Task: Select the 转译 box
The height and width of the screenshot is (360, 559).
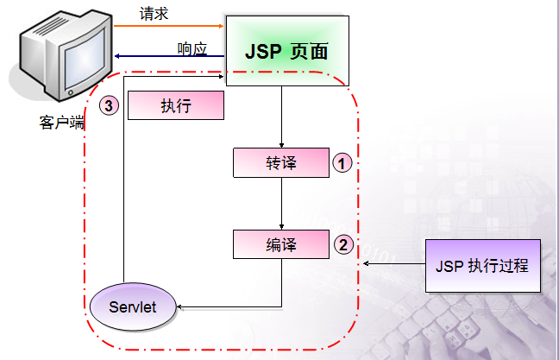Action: [x=281, y=161]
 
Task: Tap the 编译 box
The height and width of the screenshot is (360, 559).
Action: [x=281, y=244]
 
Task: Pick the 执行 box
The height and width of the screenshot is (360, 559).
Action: [x=175, y=105]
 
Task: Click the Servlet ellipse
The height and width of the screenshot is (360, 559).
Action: [x=134, y=306]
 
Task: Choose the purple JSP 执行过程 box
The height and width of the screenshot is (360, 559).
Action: [x=482, y=264]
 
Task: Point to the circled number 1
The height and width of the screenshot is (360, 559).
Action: [x=342, y=161]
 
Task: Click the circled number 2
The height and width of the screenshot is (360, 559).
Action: [x=342, y=244]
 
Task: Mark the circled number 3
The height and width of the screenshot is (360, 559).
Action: [x=108, y=105]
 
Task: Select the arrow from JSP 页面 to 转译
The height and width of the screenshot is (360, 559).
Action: [x=282, y=117]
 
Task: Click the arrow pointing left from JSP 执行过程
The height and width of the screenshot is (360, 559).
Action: [x=393, y=264]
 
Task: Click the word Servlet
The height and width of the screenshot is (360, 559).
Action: [x=134, y=306]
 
